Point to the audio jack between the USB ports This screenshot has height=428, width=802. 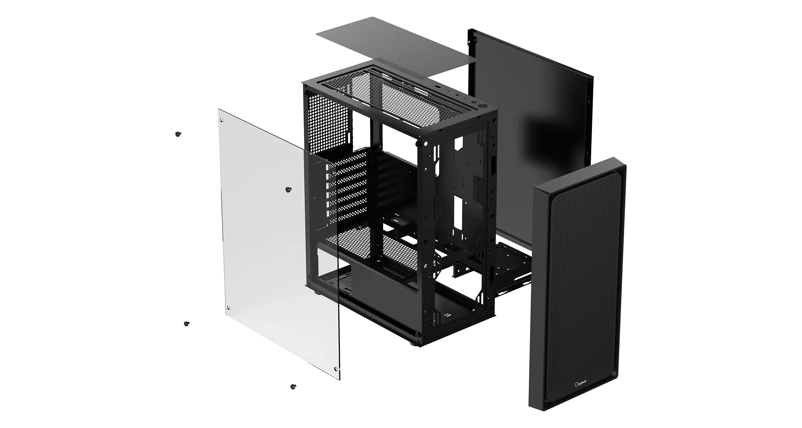pos(457,96)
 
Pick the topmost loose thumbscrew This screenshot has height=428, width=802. pos(178,134)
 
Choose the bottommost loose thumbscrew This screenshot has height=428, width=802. pos(293,386)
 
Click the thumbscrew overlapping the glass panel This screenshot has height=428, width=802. pos(288,189)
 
